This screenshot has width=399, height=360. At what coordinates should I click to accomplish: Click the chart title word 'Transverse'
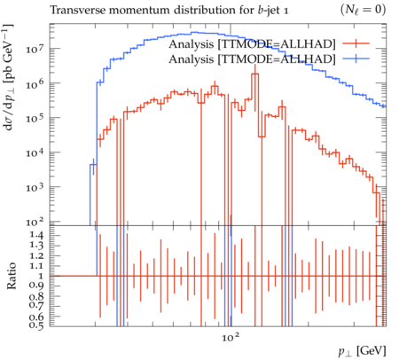coord(77,10)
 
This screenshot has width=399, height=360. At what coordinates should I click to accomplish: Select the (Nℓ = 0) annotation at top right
coord(363,10)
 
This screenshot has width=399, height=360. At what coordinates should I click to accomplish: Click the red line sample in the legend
coord(356,43)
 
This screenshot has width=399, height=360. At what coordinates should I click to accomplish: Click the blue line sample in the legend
coord(356,59)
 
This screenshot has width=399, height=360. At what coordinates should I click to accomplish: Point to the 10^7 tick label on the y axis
coord(35,48)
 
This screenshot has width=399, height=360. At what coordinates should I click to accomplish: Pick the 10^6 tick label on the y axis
coord(35,83)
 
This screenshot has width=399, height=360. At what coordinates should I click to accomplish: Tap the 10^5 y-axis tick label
coord(35,118)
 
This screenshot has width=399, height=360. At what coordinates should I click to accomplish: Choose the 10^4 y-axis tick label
coord(35,153)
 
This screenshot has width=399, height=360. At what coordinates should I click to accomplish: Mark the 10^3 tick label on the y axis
coord(35,187)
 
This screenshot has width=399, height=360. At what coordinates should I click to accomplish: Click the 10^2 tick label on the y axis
coord(35,222)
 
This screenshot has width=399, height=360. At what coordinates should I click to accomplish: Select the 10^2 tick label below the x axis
coord(231,336)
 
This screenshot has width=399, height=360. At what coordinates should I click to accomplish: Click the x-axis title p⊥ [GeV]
coord(363,351)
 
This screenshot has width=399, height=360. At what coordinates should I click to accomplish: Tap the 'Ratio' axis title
coord(12,276)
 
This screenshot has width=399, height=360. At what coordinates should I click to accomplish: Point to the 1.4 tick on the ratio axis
coord(36,235)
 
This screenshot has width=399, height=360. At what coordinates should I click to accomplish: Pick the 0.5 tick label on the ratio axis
coord(36,325)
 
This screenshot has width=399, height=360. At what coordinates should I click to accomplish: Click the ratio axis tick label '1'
coord(41,276)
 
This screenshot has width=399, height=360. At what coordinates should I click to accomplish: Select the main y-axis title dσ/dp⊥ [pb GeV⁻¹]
coord(8,77)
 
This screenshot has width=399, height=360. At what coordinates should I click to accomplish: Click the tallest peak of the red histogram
coord(255,74)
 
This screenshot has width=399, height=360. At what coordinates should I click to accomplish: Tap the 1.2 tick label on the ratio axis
coord(36,255)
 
